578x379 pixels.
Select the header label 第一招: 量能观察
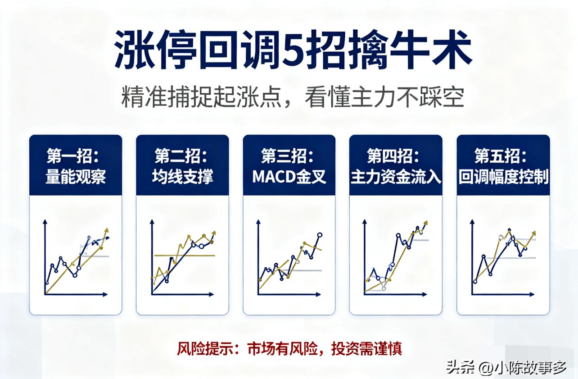(75, 166)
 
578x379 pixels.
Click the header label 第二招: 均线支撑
(182, 166)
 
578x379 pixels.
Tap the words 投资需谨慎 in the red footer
(366, 348)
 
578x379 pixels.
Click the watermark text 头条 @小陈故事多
(506, 367)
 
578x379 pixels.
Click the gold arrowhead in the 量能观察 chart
(107, 231)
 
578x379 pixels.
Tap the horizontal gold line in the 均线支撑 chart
(185, 256)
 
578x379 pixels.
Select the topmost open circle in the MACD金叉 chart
(320, 235)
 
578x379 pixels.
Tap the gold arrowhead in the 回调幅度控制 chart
(534, 233)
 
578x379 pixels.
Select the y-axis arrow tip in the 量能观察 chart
(45, 221)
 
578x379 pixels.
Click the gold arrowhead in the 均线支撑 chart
(213, 233)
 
